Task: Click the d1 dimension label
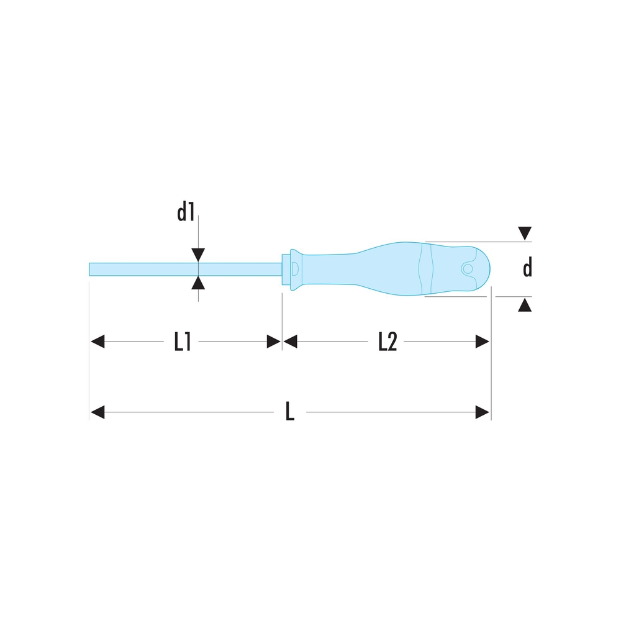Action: (186, 212)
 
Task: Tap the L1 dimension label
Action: (183, 342)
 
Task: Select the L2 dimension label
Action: (388, 342)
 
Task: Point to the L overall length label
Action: (290, 411)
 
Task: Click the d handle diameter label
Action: (527, 268)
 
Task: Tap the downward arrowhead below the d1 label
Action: (198, 255)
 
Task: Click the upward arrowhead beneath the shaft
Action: (198, 283)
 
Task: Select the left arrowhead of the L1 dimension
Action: (98, 342)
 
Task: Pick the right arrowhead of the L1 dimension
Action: (274, 342)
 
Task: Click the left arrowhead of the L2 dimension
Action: (290, 342)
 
